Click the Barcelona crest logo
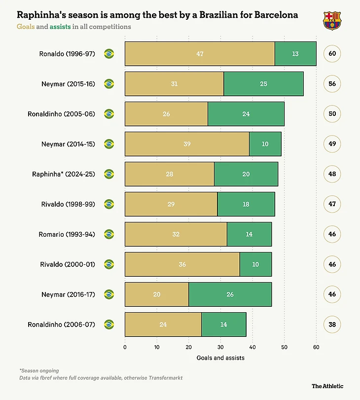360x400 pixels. pos(331,20)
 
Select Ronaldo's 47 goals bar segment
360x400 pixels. pos(199,54)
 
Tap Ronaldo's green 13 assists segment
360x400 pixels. pos(295,54)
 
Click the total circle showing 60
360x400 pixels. pos(332,54)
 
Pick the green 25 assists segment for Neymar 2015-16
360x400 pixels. pos(263,84)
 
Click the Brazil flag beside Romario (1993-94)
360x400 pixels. pos(109,234)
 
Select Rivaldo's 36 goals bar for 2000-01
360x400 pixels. pos(182,264)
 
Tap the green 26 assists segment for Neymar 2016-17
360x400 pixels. pos(230,294)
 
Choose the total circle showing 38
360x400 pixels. pos(332,325)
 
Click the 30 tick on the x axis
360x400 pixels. pos(220,347)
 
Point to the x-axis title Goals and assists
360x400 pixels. pos(220,358)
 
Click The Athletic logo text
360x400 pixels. pos(327,386)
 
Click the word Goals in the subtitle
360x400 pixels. pos(26,26)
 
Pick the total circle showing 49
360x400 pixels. pos(332,144)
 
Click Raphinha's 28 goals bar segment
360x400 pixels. pos(169,174)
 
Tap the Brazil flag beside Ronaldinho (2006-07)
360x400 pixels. pos(109,325)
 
